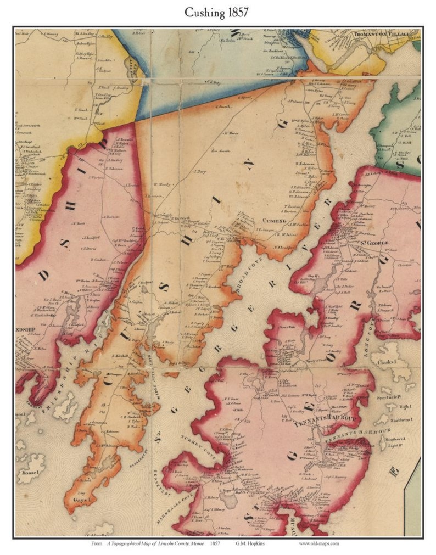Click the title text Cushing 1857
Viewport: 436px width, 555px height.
click(x=217, y=12)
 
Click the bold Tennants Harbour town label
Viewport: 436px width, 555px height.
click(x=311, y=424)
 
